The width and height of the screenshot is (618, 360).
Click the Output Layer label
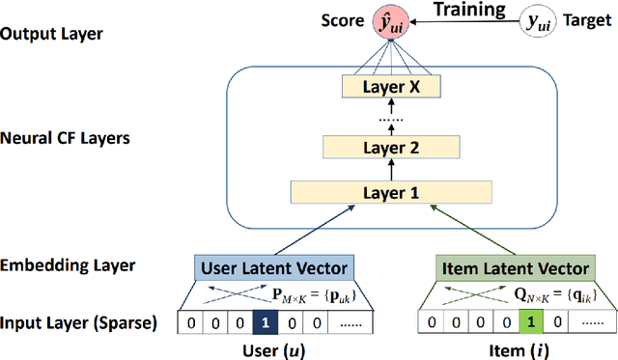click(x=52, y=33)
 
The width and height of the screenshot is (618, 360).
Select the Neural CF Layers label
click(x=67, y=138)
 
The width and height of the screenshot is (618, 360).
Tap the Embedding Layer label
click(x=67, y=264)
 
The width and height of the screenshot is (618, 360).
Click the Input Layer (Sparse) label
click(x=79, y=321)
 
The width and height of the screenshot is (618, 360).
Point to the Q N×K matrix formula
click(x=546, y=293)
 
